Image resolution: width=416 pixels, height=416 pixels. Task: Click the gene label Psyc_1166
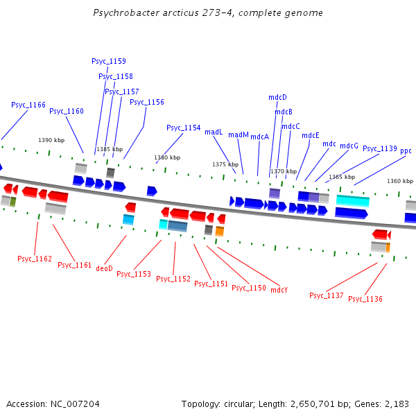[x=28, y=105]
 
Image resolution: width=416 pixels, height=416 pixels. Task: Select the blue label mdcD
[x=277, y=97]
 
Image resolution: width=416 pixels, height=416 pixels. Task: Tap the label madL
[x=214, y=132]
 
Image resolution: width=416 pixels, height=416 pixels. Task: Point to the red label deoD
[x=104, y=268]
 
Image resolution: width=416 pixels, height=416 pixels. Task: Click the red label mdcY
[x=279, y=290]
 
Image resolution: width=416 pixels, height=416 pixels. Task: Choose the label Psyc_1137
[x=327, y=295]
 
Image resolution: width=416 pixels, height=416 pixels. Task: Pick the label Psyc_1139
[x=380, y=148]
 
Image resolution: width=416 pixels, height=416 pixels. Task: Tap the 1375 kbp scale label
[x=225, y=164]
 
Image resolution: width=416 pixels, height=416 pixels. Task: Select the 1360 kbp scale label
[x=400, y=181]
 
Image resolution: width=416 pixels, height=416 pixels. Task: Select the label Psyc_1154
[x=184, y=128]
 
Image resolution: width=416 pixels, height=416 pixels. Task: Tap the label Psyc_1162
[x=35, y=259]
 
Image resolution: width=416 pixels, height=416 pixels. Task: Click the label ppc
[x=406, y=150]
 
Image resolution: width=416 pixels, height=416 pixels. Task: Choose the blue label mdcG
[x=349, y=146]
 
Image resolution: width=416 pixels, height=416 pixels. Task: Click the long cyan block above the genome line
[x=353, y=200]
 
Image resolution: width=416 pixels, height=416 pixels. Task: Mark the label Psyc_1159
[x=109, y=61]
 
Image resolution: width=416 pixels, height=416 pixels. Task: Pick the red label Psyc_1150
[x=249, y=288]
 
